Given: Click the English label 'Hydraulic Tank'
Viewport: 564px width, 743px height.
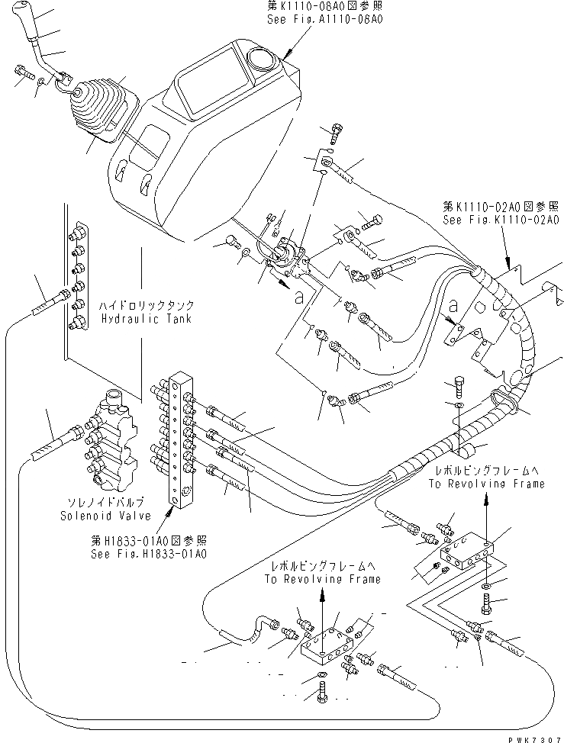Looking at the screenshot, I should tap(144, 319).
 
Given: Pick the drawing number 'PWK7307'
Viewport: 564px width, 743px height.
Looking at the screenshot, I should tap(531, 734).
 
